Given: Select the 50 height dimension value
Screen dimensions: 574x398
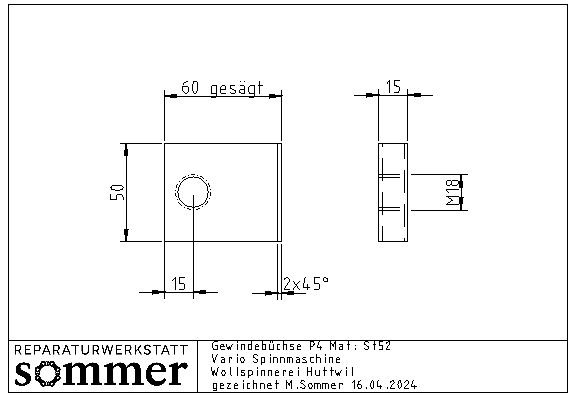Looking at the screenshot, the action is [x=117, y=192].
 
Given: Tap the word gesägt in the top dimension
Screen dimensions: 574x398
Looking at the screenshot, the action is [x=236, y=88].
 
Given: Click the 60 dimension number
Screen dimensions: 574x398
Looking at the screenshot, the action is [x=190, y=88].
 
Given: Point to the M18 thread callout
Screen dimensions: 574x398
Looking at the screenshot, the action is [x=452, y=192].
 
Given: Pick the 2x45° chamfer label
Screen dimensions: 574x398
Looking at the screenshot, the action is [x=306, y=284].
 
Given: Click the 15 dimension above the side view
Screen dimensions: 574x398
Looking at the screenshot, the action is [x=393, y=87].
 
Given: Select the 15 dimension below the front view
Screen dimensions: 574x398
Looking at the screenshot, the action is [x=179, y=284].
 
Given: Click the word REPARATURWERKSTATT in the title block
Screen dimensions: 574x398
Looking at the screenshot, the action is [x=101, y=350].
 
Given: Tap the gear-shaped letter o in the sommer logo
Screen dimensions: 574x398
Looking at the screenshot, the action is [x=47, y=373].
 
